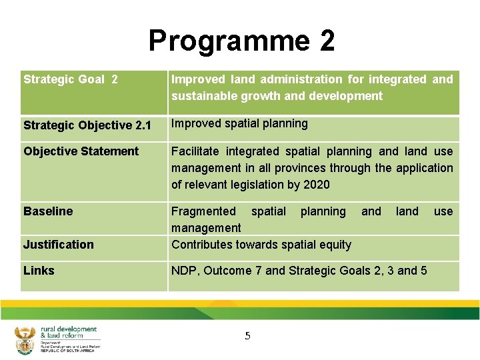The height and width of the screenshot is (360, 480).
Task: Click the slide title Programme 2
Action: pos(241,41)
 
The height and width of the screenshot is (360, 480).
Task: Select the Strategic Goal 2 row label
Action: pos(71,79)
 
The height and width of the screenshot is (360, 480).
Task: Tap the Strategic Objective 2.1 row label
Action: pos(87,125)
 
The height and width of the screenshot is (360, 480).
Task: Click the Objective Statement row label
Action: pos(81,151)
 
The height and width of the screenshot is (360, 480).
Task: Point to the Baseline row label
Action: pos(48,211)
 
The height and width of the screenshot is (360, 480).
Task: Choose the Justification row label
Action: pos(59,245)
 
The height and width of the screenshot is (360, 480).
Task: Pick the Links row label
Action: pos(39,271)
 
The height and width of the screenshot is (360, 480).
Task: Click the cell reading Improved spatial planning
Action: pos(239,123)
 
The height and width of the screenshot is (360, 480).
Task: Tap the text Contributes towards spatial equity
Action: pos(261,245)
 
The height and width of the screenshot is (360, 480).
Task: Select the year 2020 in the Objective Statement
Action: pos(317,185)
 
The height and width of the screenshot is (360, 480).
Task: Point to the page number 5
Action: pos(247,336)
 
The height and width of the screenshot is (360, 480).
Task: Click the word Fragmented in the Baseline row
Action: pos(203,211)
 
